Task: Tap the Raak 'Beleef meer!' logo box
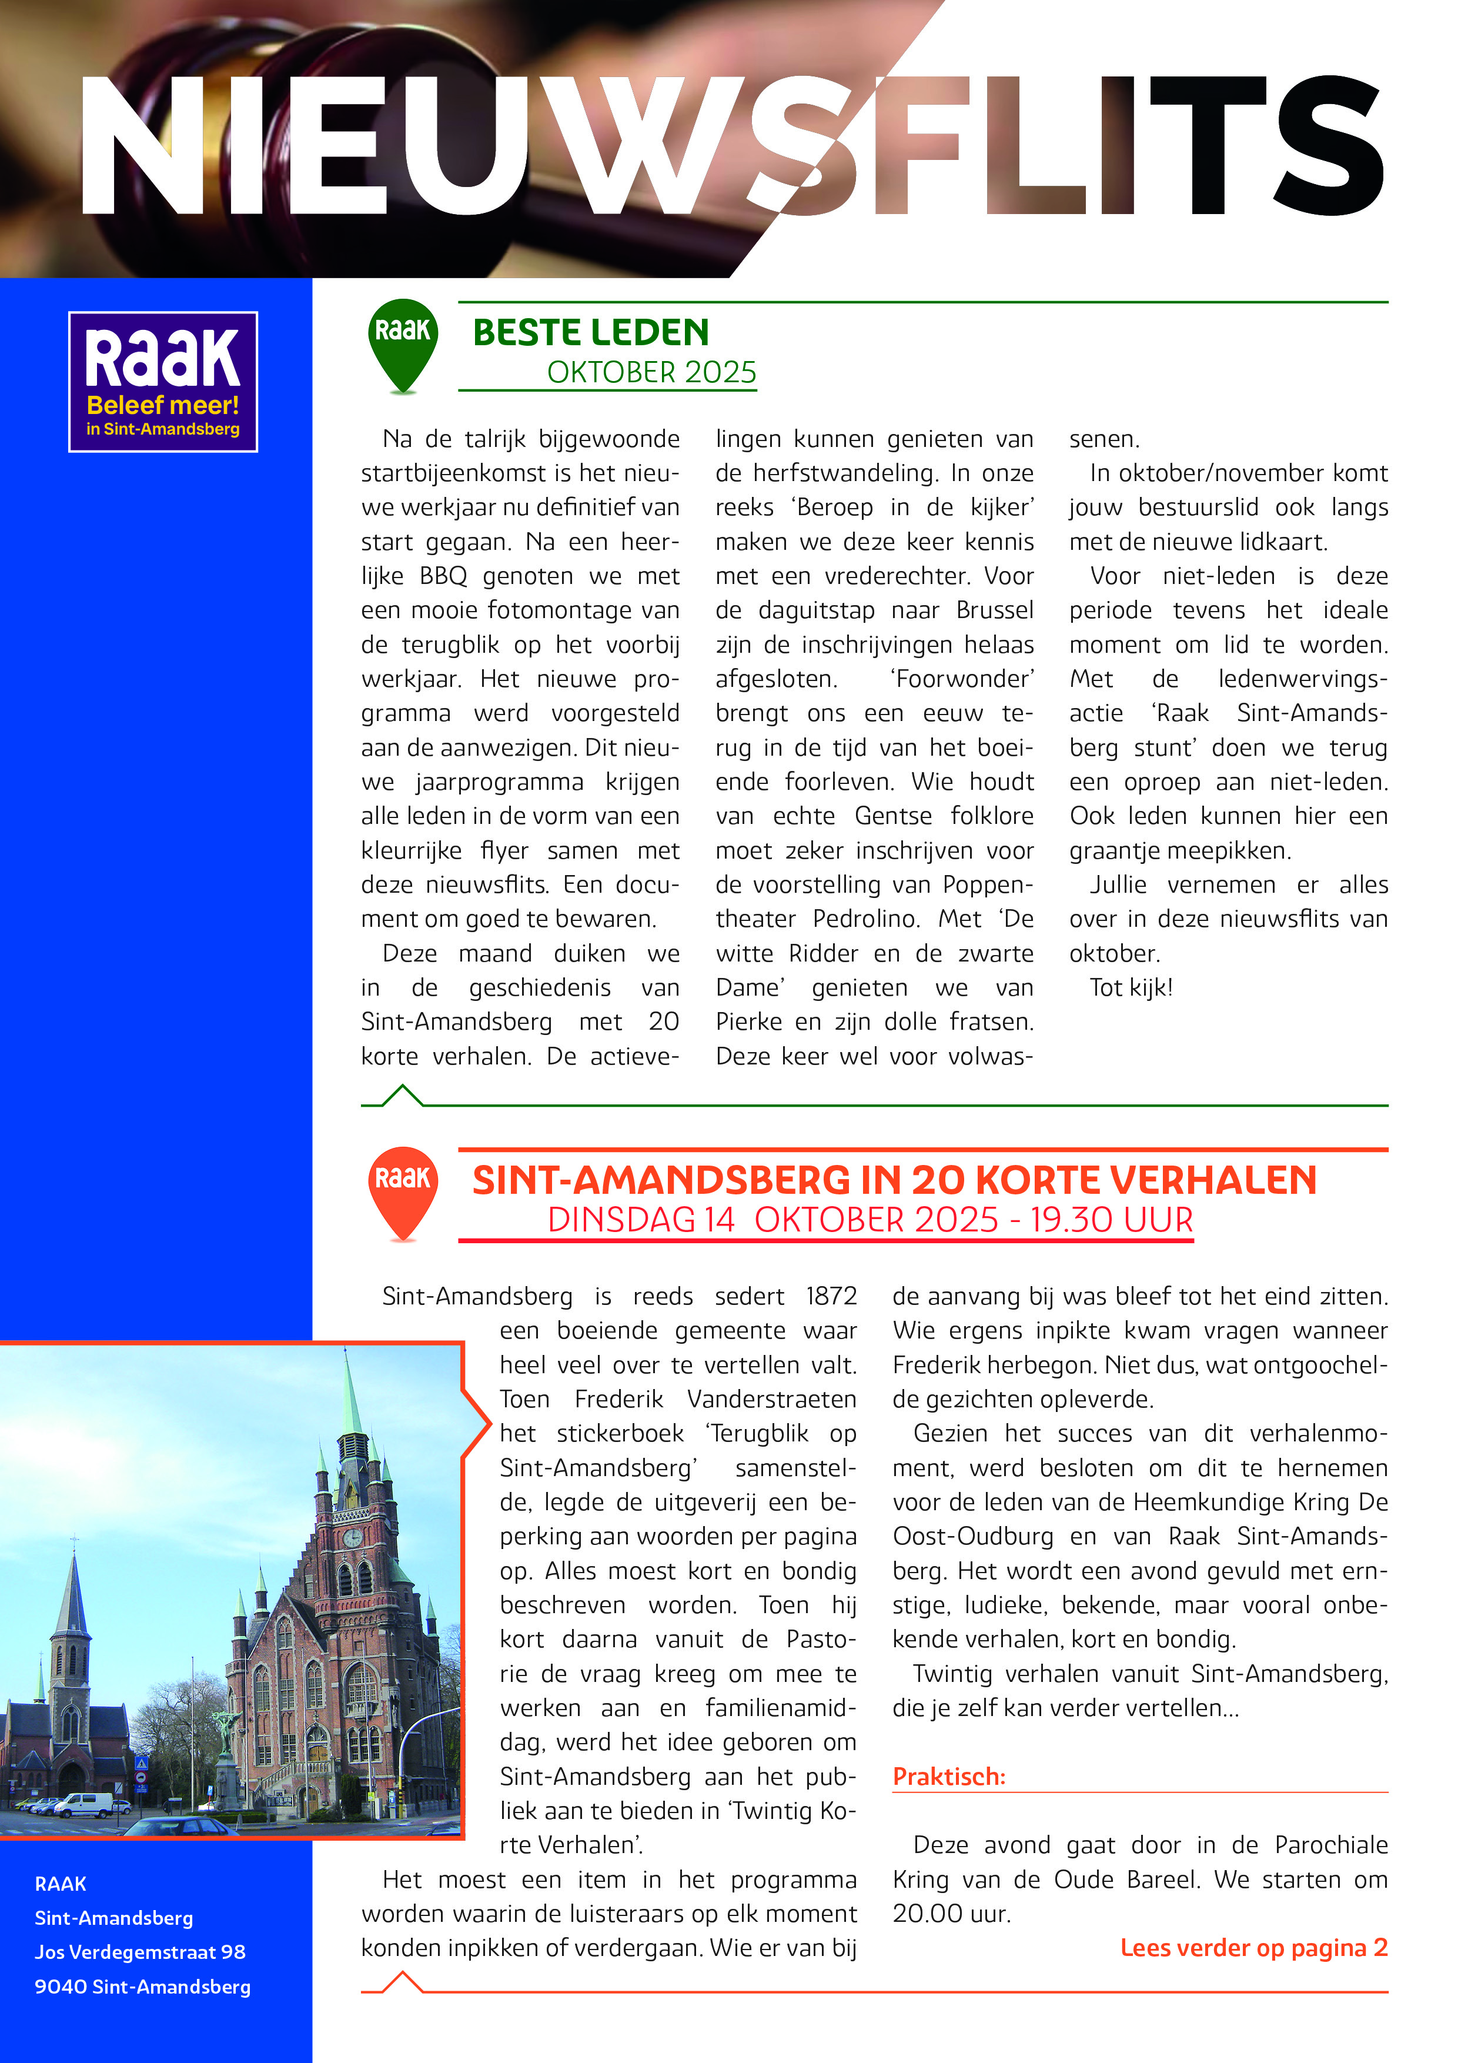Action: point(163,381)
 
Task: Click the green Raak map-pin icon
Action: point(403,342)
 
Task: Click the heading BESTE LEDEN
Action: point(590,332)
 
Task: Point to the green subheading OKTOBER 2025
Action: point(651,372)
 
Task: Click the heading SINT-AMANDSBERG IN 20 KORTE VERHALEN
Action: point(894,1180)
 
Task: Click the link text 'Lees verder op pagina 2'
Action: point(1253,1948)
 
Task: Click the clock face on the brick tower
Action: point(352,1537)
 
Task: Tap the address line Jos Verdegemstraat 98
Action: point(140,1952)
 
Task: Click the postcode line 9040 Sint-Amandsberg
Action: point(142,1987)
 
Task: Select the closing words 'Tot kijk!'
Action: point(1131,987)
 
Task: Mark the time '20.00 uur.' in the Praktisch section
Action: point(951,1914)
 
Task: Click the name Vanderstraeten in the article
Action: point(771,1399)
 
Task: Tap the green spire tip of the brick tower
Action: point(347,1366)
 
